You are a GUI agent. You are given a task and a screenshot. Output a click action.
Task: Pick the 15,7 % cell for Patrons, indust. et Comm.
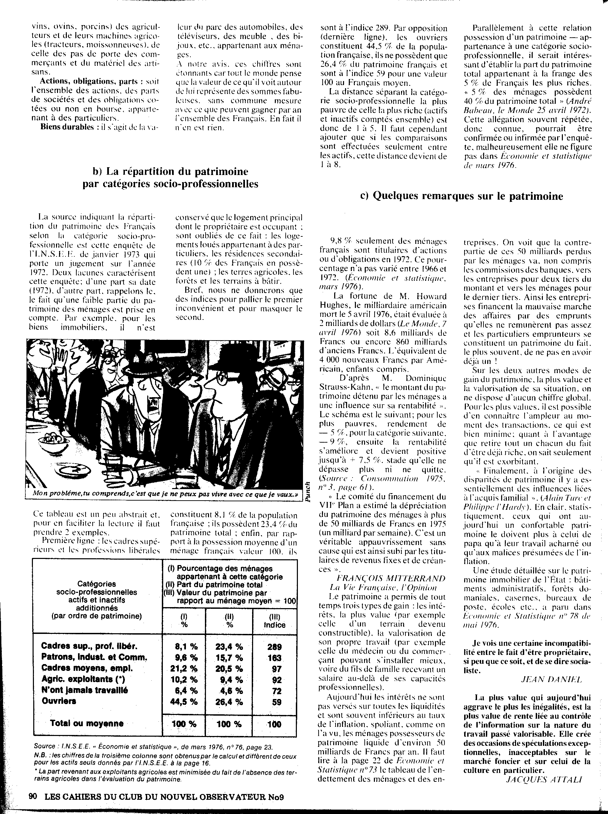[229, 658]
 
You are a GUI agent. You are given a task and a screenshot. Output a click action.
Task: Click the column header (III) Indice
[274, 621]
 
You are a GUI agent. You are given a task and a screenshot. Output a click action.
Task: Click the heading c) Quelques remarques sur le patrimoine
[461, 196]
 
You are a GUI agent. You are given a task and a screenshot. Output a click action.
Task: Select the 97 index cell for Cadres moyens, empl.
[277, 669]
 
